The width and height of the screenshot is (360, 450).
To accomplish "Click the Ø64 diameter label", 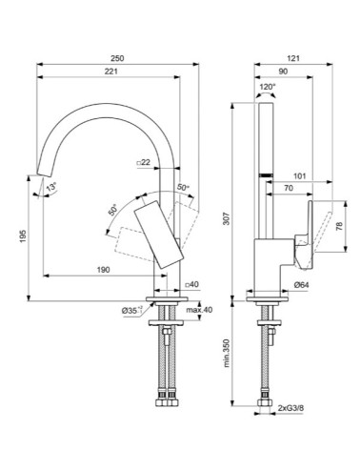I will coord(300,284).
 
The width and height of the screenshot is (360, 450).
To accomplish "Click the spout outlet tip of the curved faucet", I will coord(41,174).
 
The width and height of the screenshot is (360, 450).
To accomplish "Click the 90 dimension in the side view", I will coord(283,71).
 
